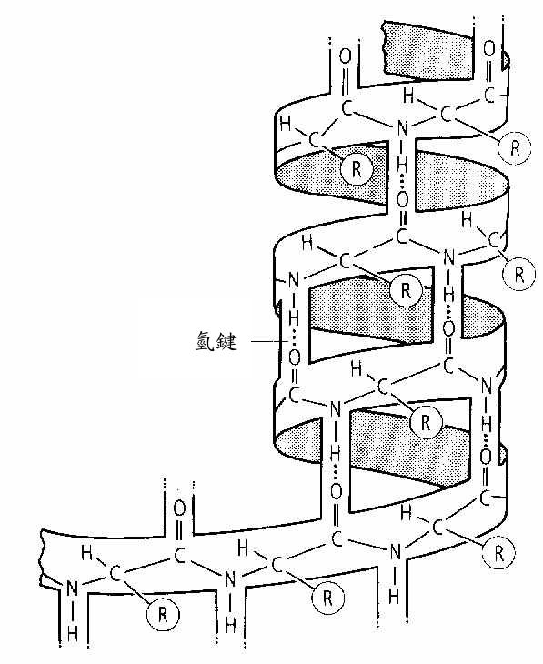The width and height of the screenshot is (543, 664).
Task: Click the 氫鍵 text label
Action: (x=216, y=341)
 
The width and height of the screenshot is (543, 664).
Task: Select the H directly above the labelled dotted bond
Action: (x=294, y=317)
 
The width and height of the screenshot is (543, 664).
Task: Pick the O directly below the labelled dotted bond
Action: (x=294, y=358)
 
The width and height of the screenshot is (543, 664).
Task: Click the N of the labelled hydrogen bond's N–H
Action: (x=293, y=280)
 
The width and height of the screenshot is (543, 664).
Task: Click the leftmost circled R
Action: (x=162, y=615)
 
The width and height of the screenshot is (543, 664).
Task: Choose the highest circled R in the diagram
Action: (x=515, y=147)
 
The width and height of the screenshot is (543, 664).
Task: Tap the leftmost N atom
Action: (x=73, y=589)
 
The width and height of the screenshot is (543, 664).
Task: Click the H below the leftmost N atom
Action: (x=73, y=634)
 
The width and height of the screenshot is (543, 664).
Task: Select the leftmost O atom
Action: (x=179, y=508)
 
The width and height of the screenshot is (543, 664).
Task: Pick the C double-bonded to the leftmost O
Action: (x=179, y=555)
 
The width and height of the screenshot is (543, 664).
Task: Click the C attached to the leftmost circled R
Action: (x=115, y=573)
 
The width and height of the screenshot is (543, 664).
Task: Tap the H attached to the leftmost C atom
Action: (x=86, y=553)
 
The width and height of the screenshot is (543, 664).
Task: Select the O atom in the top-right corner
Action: (x=488, y=48)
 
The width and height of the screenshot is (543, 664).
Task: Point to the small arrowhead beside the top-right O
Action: (x=505, y=61)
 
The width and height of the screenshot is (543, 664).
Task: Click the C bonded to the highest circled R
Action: (x=446, y=115)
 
